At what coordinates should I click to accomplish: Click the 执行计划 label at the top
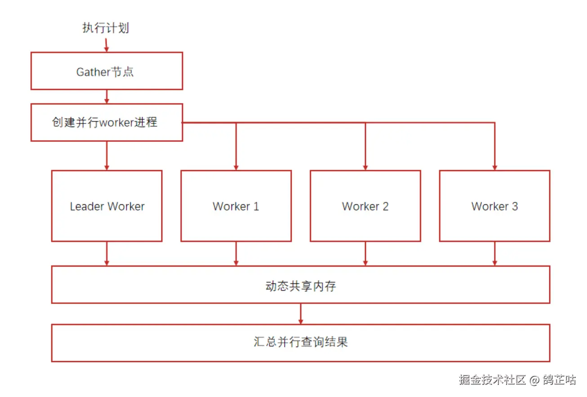106,28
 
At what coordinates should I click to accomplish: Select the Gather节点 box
107,71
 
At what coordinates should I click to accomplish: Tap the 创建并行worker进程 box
107,122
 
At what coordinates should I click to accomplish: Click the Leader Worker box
107,206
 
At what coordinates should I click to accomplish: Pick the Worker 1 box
236,206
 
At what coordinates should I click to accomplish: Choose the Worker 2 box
365,206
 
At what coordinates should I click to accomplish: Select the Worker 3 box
494,206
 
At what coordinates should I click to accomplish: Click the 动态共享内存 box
300,285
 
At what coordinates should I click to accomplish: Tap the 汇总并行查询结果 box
300,343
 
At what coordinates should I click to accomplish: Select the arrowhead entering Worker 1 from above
236,167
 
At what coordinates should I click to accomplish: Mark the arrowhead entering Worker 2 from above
365,167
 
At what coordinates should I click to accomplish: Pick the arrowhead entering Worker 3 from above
494,167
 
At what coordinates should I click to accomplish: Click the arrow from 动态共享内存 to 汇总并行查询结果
300,314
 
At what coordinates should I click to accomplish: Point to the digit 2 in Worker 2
385,207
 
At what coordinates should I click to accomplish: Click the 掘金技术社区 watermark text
492,379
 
